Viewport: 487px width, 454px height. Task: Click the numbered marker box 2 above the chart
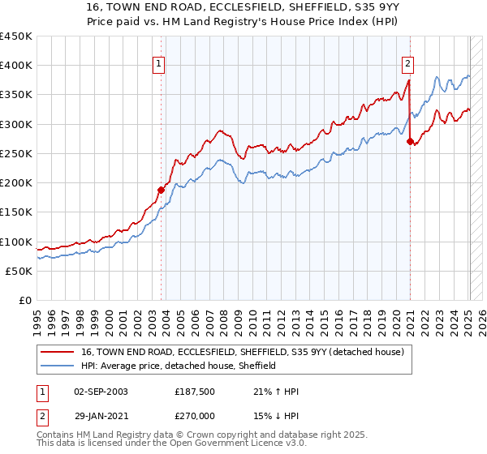407,61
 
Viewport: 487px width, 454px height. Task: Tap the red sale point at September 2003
161,190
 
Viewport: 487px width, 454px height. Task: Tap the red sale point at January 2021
410,141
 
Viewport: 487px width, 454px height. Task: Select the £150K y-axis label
16,212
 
